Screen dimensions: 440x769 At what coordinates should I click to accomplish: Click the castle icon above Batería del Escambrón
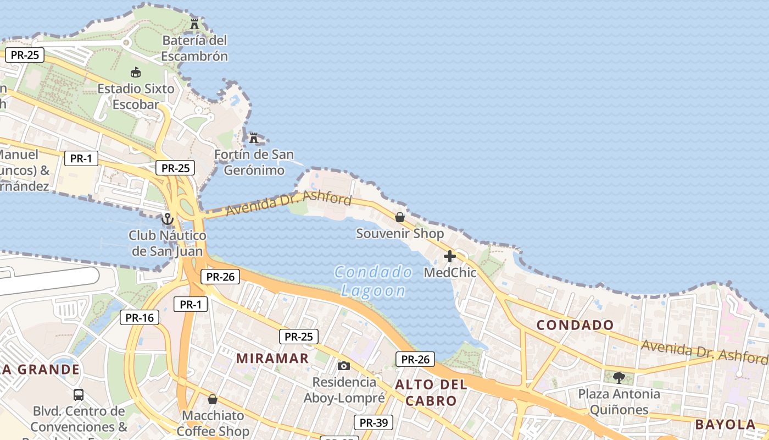[x=194, y=24]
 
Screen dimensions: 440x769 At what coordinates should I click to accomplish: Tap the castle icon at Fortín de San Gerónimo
[x=254, y=137]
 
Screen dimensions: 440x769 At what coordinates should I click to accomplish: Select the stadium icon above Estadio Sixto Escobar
[x=136, y=72]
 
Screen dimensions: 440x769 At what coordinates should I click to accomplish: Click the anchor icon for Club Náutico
[x=168, y=219]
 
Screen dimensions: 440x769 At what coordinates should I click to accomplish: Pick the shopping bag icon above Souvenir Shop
[x=400, y=217]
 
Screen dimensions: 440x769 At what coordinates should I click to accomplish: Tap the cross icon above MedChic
[x=450, y=256]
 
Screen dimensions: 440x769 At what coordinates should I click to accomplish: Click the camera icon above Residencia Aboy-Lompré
[x=344, y=366]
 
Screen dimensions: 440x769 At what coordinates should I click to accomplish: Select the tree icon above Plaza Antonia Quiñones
[x=619, y=377]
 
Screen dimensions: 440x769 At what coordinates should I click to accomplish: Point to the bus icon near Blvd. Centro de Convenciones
[x=79, y=394]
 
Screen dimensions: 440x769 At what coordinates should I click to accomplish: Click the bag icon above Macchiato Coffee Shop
[x=213, y=399]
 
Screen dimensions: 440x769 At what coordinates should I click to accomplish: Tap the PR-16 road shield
[x=140, y=317]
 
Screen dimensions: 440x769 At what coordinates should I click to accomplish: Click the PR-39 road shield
[x=374, y=422]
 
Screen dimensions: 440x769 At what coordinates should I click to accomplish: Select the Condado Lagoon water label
[x=374, y=281]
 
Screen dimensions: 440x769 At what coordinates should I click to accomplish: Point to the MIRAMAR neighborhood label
[x=272, y=359]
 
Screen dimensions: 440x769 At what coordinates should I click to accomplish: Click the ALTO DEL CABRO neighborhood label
[x=431, y=393]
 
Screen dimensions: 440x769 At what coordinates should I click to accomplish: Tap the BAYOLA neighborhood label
[x=725, y=425]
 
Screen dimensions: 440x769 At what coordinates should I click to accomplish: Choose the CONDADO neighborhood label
[x=575, y=325]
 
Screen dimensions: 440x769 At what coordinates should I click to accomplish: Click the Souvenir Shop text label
[x=400, y=234]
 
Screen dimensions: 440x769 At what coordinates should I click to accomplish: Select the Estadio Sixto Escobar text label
[x=136, y=96]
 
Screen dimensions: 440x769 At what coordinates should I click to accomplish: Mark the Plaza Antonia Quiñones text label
[x=619, y=402]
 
